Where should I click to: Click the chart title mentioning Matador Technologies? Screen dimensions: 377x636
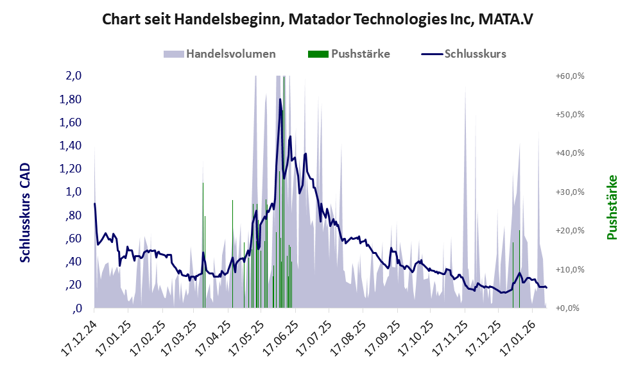pos(318,19)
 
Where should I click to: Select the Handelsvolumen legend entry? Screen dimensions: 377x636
pos(220,54)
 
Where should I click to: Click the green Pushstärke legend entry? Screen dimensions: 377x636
pos(349,54)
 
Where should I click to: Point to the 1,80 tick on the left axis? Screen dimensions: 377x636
pos(70,99)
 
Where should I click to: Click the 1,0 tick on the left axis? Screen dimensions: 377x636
pos(73,192)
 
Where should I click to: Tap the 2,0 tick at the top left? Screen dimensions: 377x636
pos(73,76)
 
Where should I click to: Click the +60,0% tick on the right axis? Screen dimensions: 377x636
pos(569,76)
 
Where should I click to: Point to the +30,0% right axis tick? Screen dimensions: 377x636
pos(569,192)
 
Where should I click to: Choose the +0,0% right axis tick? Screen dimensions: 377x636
pos(569,308)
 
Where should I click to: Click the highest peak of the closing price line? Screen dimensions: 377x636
pos(280,99)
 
